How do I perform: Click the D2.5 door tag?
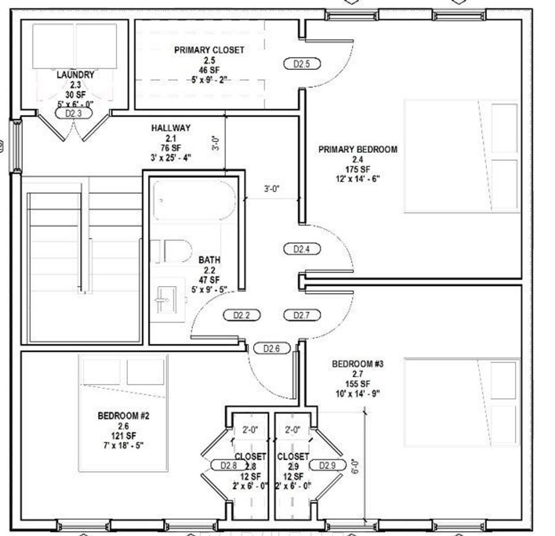(302, 64)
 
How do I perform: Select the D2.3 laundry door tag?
(74, 113)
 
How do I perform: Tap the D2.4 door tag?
(302, 249)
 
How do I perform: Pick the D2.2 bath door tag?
(242, 315)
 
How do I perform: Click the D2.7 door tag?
(302, 315)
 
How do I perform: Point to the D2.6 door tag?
(272, 348)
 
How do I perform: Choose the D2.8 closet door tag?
(229, 465)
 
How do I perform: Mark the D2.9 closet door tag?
(327, 465)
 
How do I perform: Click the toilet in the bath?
(172, 251)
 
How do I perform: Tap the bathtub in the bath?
(195, 201)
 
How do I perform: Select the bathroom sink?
(167, 300)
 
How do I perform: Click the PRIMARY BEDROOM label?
(358, 150)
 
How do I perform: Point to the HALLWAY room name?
(171, 128)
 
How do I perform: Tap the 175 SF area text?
(358, 169)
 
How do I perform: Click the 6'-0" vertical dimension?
(356, 466)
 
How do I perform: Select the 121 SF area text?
(124, 435)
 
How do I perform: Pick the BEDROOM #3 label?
(358, 364)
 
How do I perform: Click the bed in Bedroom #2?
(123, 413)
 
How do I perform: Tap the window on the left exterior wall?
(16, 146)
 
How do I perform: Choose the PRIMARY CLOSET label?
(209, 50)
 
